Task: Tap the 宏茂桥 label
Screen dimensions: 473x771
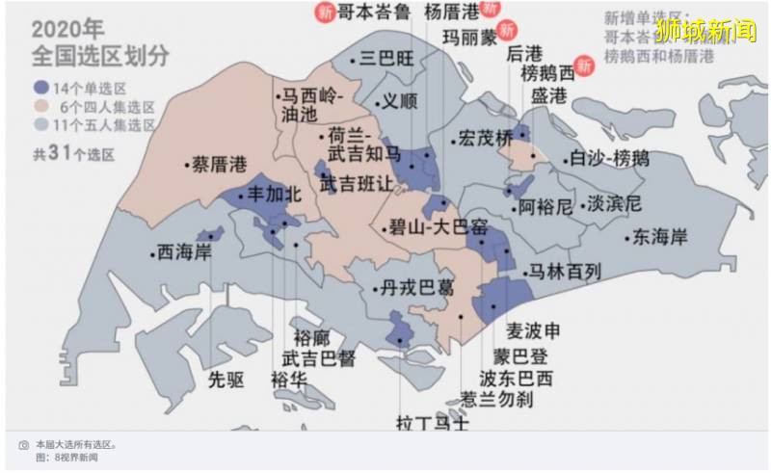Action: coord(486,139)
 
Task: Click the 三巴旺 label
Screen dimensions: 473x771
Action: coord(389,59)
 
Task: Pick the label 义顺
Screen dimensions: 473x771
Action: coord(400,99)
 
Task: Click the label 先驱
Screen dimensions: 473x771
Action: coord(226,379)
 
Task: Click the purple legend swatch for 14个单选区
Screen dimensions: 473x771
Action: coord(40,87)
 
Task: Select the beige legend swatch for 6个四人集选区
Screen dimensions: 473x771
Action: coord(40,105)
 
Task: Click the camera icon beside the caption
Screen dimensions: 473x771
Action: coord(24,445)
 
